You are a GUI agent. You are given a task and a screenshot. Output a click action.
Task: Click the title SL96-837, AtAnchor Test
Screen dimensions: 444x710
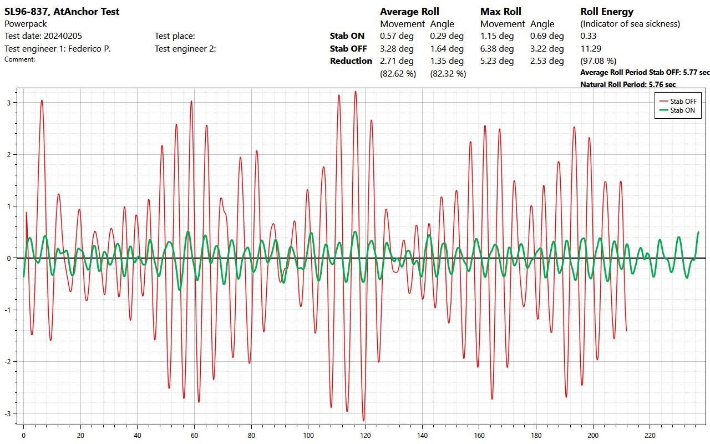[62, 11]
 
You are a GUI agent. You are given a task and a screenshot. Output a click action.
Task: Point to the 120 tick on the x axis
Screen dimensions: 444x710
[366, 436]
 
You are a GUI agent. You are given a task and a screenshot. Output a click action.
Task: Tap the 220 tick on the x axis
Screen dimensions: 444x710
[651, 436]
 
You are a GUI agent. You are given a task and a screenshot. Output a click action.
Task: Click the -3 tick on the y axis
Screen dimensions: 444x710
[10, 413]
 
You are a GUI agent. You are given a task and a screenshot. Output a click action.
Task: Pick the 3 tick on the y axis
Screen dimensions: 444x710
[10, 103]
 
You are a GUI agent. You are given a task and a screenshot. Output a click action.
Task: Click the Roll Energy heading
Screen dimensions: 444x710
[607, 12]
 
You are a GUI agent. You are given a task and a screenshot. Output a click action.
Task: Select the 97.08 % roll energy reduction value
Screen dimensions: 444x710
[598, 61]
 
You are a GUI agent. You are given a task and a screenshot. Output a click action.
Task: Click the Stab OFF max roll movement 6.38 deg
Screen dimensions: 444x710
[497, 49]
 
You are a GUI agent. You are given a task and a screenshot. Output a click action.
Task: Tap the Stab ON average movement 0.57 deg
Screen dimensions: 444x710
[397, 36]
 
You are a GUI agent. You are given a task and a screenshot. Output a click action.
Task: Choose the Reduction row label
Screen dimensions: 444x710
[351, 61]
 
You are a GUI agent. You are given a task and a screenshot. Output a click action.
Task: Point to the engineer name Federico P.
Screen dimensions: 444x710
[88, 49]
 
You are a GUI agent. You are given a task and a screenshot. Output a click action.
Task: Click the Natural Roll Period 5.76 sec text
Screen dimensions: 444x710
[628, 84]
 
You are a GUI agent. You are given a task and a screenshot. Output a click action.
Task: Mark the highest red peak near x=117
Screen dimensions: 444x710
[356, 92]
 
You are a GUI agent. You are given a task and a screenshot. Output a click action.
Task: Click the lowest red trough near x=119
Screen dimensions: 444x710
[364, 421]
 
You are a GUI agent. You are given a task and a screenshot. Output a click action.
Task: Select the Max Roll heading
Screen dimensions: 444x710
[500, 12]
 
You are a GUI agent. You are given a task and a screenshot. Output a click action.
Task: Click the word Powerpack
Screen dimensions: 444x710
[26, 24]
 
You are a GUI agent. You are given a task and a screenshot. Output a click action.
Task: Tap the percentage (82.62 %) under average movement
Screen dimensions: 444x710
[398, 73]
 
